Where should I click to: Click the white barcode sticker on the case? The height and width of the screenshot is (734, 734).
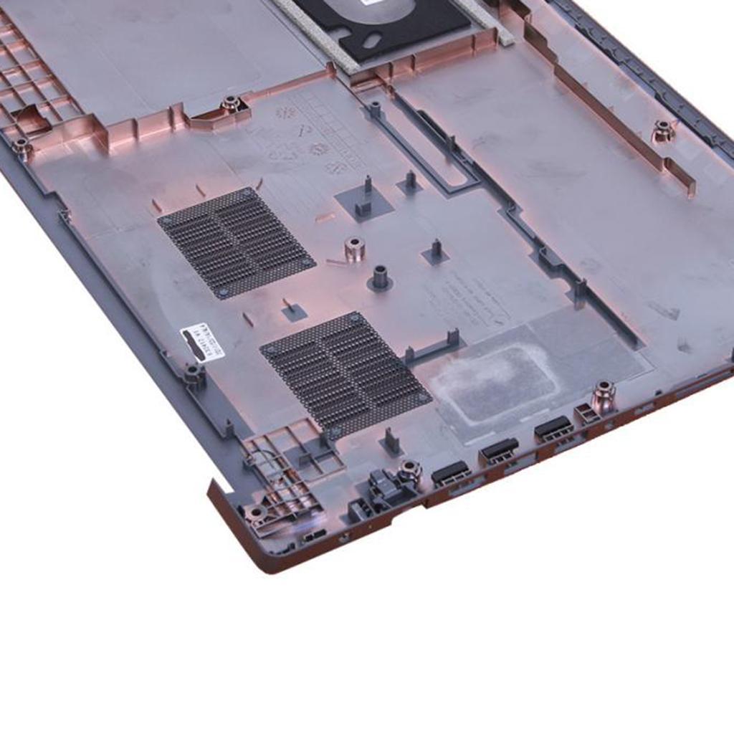click(x=202, y=343)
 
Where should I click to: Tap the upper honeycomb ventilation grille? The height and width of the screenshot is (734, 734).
click(x=237, y=242)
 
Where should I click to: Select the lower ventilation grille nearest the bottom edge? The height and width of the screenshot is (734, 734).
click(x=345, y=374)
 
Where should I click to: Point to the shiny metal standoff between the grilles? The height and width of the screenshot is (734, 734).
click(x=354, y=248)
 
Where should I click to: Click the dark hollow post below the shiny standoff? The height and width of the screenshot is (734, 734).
click(x=380, y=277)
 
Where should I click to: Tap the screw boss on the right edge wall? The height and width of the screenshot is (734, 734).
click(x=662, y=130)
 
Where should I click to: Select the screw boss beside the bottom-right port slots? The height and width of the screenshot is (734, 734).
click(x=604, y=396)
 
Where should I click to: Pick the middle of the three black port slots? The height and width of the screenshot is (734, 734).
click(x=500, y=449)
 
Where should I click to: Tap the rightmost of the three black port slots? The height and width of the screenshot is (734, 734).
click(x=553, y=428)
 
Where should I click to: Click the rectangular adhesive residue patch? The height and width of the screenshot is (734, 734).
click(x=495, y=383)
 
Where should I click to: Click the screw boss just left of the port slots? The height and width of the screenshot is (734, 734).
click(x=409, y=470)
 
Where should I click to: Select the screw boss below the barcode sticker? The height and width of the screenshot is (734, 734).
click(x=194, y=373)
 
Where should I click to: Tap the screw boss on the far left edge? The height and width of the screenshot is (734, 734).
click(x=22, y=146)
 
